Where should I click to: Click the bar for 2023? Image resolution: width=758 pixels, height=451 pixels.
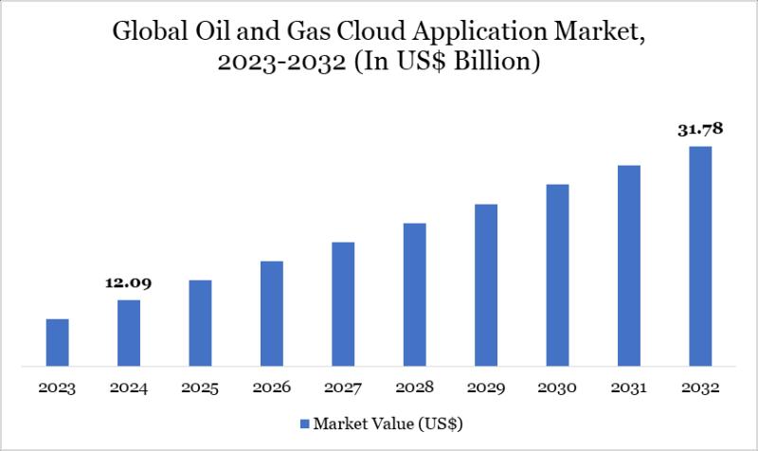[x=57, y=342]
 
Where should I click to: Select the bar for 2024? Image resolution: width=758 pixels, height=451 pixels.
[x=129, y=333]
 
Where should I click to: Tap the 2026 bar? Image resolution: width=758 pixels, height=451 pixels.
[x=272, y=313]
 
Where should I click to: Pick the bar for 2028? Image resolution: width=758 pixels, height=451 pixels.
[x=414, y=294]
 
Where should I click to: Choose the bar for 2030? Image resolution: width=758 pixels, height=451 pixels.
[x=557, y=275]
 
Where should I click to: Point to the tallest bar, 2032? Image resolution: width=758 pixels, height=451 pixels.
[x=700, y=256]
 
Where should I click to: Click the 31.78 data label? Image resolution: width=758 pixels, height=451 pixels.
[x=700, y=130]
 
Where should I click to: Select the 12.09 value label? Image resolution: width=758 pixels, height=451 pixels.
[x=129, y=282]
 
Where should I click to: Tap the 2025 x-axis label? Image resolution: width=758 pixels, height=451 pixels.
[x=200, y=388]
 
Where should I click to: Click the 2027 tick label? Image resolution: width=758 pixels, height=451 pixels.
[x=343, y=388]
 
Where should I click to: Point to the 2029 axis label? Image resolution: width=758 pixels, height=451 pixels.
[x=486, y=388]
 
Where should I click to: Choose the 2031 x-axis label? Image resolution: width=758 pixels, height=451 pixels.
[x=629, y=388]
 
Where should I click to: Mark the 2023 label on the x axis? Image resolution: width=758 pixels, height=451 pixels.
[x=57, y=388]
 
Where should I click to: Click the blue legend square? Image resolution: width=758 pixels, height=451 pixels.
[x=304, y=422]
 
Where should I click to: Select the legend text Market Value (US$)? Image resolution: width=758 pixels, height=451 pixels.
[x=388, y=422]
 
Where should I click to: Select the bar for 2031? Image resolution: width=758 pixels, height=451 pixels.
[x=629, y=265]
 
